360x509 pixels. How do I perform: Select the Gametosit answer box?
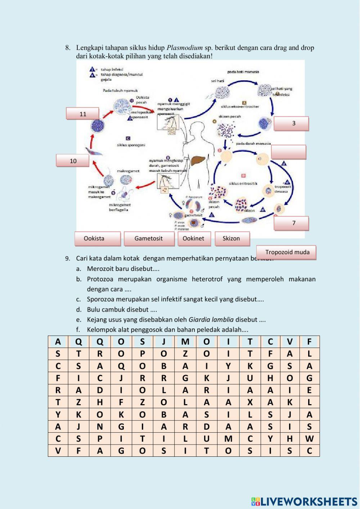click(x=149, y=238)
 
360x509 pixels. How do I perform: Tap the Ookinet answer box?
click(x=194, y=238)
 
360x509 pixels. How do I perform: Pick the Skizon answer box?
click(x=231, y=238)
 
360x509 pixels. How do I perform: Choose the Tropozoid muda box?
click(x=287, y=252)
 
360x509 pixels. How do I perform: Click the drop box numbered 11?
click(x=82, y=114)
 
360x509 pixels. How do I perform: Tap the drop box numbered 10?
click(x=72, y=161)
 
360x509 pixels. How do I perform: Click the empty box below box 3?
click(x=288, y=152)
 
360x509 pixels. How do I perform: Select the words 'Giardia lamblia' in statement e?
click(x=211, y=320)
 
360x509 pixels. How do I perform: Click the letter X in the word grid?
click(x=250, y=402)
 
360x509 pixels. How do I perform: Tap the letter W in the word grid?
click(x=309, y=439)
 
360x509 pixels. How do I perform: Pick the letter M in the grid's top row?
click(x=185, y=342)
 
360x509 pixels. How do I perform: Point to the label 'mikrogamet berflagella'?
click(x=120, y=207)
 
